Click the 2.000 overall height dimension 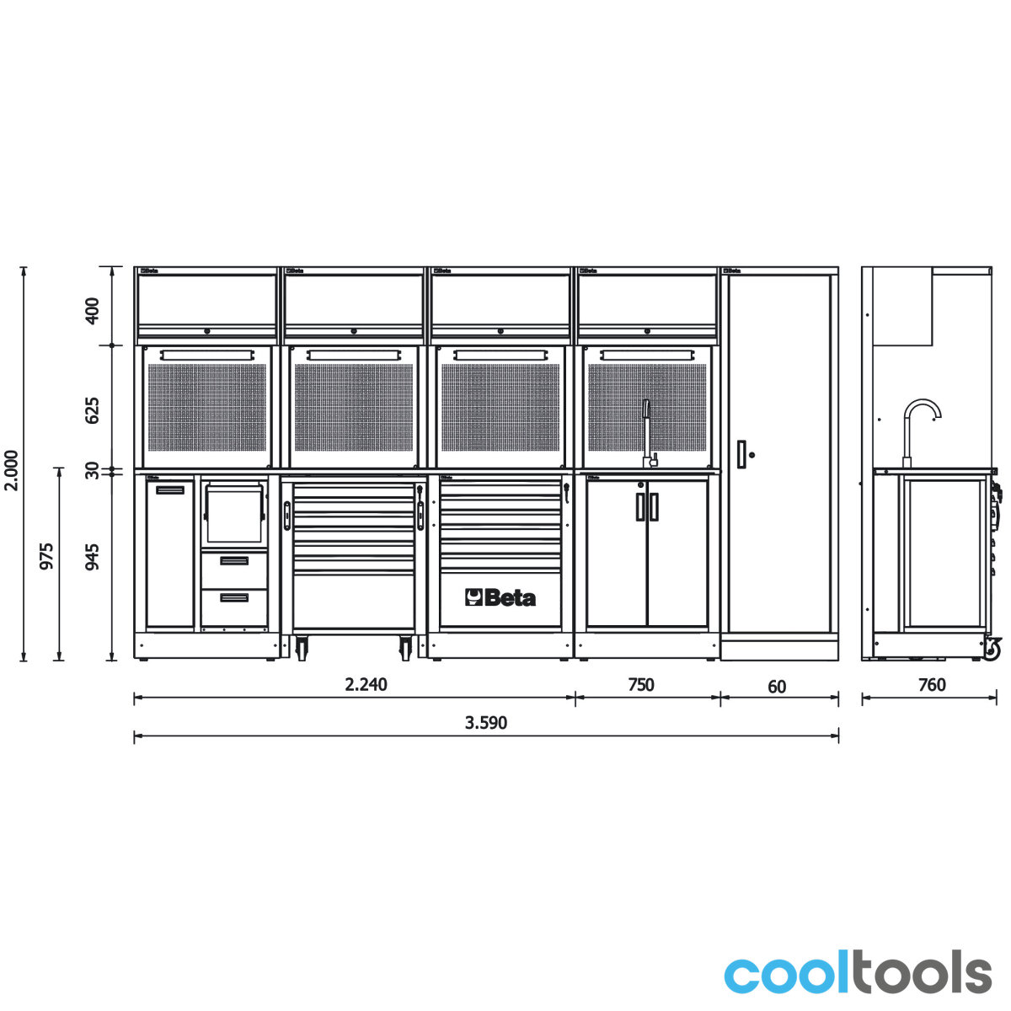pos(11,470)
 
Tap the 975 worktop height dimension pos(46,556)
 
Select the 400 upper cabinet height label pos(92,311)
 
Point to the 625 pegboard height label pos(92,411)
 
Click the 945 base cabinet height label pos(92,557)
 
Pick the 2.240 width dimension pos(366,684)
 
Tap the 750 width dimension pos(640,685)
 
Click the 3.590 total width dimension pos(486,722)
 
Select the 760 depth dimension pos(932,685)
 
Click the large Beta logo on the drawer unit pos(500,597)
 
